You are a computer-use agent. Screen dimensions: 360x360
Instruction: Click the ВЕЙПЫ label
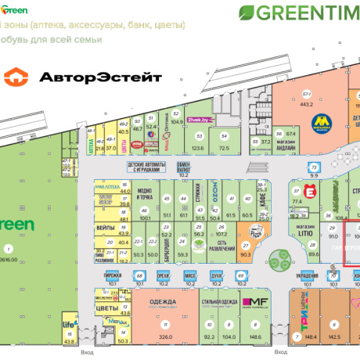tap(106, 227)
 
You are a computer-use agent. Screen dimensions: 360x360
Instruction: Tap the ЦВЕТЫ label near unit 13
tap(106, 308)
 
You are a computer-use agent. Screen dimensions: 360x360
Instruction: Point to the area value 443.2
tap(307, 103)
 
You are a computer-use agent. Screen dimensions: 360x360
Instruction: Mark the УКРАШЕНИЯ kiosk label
tap(307, 276)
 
